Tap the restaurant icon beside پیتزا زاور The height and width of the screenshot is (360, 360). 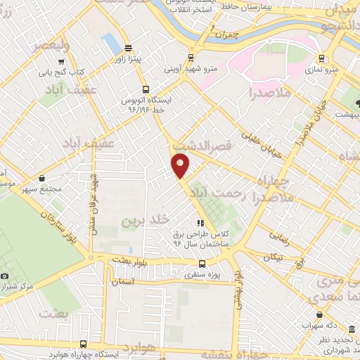click(x=127, y=49)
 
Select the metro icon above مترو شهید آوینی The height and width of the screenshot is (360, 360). click(x=191, y=58)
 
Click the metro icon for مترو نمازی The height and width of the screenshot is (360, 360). click(x=321, y=58)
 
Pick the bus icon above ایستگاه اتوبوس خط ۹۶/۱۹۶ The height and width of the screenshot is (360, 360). click(x=146, y=89)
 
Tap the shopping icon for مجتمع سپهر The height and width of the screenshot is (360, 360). click(x=43, y=178)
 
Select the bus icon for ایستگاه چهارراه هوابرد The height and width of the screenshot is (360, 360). click(x=84, y=344)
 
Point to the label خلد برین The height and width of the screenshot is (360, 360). click(x=138, y=220)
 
